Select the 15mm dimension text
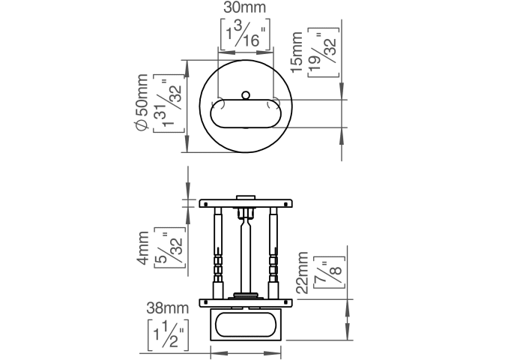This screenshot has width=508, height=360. click(x=298, y=52)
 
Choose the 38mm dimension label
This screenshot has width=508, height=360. click(x=167, y=308)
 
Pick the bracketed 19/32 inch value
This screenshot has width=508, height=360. click(x=323, y=52)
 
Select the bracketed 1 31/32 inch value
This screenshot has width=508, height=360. click(x=169, y=104)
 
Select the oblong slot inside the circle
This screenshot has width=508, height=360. click(x=245, y=115)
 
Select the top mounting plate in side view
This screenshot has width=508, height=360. click(x=245, y=202)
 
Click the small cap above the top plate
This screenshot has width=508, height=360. click(x=245, y=197)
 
